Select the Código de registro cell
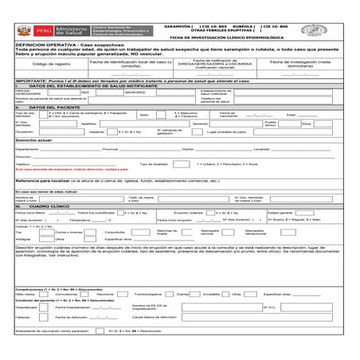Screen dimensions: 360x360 [x=49, y=63]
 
